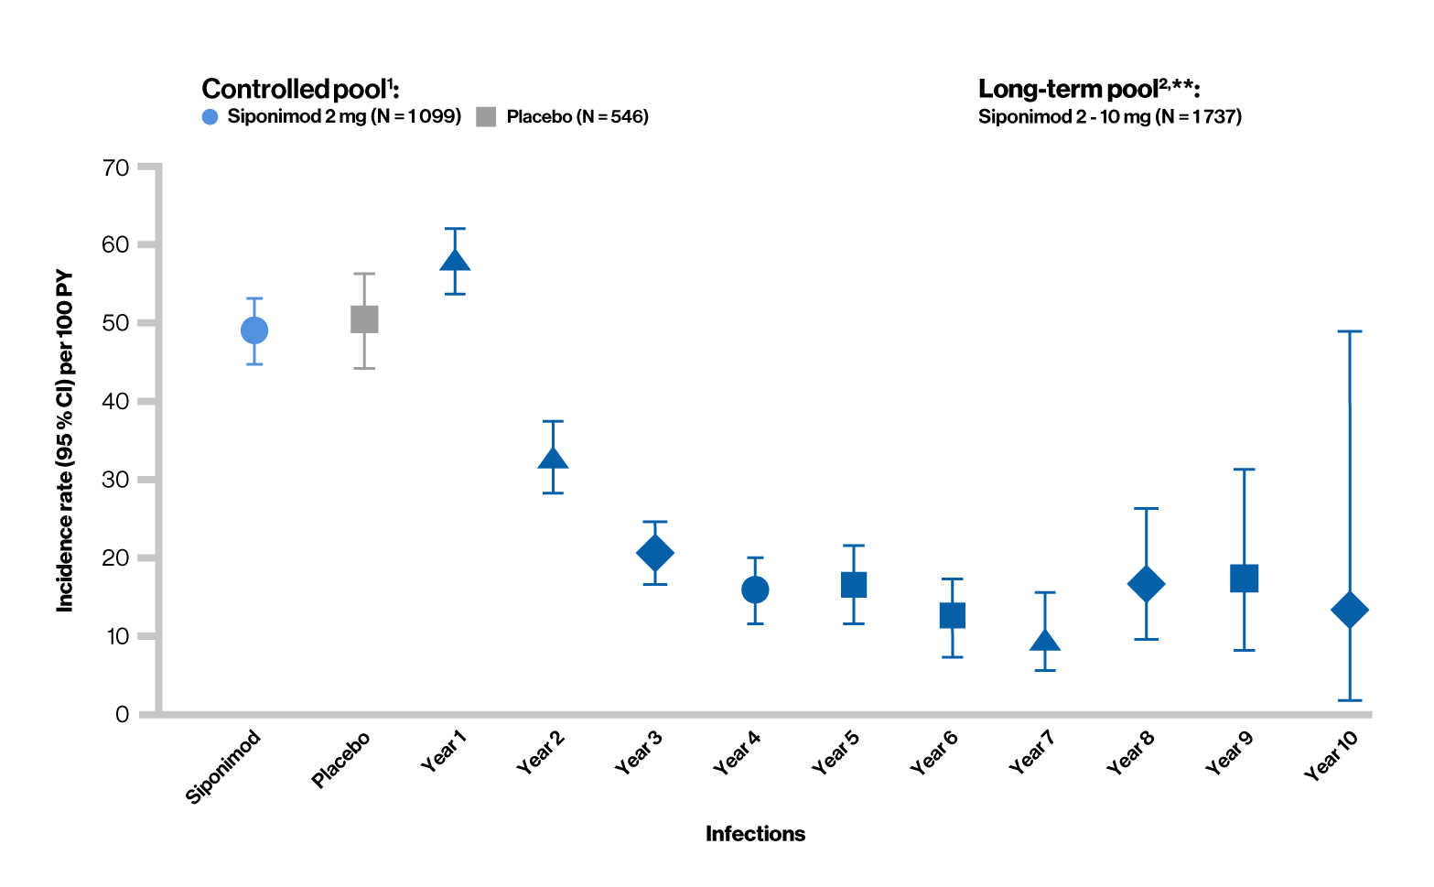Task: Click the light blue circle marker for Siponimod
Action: tap(254, 330)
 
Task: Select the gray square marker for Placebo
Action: tap(364, 319)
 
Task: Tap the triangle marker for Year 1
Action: tap(455, 261)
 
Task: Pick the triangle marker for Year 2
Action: tap(553, 459)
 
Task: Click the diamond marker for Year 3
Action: tap(654, 553)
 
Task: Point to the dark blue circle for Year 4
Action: tap(755, 590)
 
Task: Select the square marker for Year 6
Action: tap(953, 615)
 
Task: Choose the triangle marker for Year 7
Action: tap(1045, 641)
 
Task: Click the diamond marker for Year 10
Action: tap(1350, 610)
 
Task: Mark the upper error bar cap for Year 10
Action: tap(1350, 331)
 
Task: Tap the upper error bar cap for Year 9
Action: tap(1244, 470)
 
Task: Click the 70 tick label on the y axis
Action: tap(116, 168)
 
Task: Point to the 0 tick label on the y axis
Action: tap(123, 714)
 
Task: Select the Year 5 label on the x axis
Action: tap(835, 753)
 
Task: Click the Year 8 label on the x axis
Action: tap(1130, 753)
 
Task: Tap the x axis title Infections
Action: tap(755, 834)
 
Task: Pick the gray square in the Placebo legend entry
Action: tap(486, 117)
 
